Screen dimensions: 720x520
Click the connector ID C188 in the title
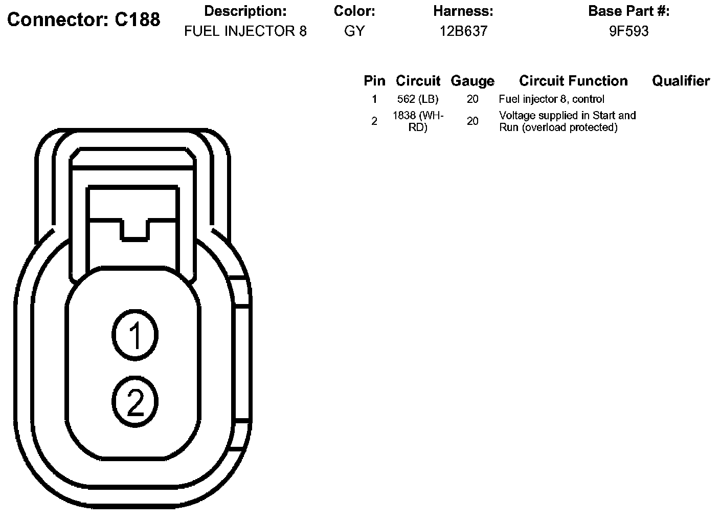point(137,19)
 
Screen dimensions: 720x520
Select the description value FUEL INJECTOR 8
point(245,31)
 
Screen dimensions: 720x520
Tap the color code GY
point(354,31)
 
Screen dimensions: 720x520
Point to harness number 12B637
point(463,31)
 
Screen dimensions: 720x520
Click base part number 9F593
point(628,31)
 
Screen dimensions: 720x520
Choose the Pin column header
point(374,81)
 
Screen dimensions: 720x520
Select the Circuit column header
point(418,81)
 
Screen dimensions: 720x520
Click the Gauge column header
point(472,81)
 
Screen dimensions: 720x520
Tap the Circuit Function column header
point(573,81)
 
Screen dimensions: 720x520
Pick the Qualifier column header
point(681,81)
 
